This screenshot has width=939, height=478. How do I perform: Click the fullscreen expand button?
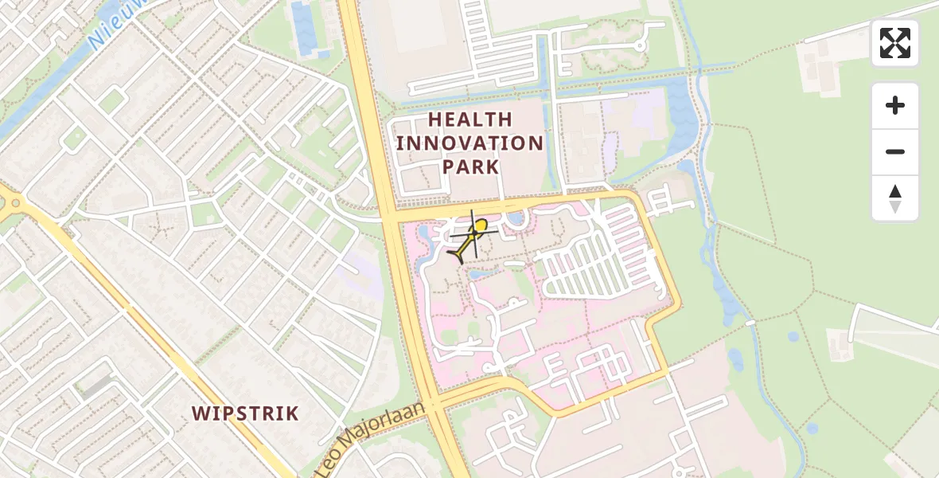coord(895,43)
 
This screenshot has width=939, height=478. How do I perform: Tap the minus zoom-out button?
coord(895,152)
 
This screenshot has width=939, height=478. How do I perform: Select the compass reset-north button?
coord(895,198)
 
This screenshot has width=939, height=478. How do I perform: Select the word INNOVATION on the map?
coord(469,143)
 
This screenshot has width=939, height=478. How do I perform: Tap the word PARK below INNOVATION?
coord(470,167)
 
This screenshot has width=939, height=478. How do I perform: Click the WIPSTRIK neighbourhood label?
coord(245,413)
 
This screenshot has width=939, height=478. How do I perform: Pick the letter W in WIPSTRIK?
coord(200,413)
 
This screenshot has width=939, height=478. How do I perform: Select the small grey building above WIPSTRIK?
coord(95,386)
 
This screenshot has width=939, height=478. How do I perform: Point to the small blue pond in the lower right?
coord(811,429)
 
